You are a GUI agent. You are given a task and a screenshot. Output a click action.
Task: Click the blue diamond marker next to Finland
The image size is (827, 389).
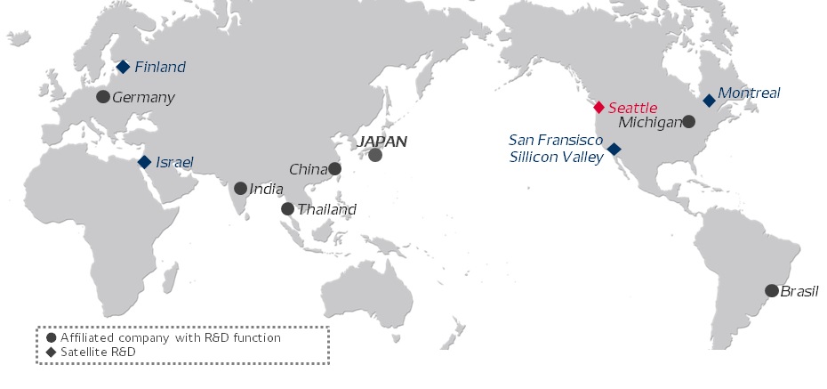coord(124,67)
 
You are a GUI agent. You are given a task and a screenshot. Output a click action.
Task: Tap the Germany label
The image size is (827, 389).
coord(144,97)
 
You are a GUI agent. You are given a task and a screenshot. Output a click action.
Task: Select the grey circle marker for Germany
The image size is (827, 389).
coord(103,96)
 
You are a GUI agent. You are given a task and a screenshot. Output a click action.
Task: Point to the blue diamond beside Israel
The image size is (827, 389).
coord(144,162)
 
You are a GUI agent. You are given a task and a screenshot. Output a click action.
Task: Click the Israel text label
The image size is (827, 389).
coord(174,162)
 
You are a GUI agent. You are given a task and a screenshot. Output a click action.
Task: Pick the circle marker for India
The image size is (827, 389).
coord(240,189)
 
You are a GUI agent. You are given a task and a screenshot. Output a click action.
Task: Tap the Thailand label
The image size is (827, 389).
coord(327,210)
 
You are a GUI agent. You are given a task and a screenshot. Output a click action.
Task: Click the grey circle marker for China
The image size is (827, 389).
coord(334,168)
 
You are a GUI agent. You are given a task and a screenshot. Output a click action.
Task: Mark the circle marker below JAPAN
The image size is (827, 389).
coord(375,155)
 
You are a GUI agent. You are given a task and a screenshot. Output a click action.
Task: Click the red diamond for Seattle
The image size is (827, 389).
coord(598,107)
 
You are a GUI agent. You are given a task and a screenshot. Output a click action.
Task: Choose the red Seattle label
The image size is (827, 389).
coord(632,107)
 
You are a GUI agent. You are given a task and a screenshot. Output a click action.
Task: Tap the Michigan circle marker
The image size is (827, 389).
coord(688,121)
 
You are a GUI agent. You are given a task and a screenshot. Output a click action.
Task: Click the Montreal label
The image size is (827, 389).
coord(749,93)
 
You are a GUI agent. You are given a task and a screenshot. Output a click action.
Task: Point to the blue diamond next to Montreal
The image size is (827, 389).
coord(709,101)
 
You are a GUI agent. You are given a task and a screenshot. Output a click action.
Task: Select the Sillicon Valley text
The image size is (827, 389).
coord(557,156)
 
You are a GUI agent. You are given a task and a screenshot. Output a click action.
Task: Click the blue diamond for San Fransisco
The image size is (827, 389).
coord(614,150)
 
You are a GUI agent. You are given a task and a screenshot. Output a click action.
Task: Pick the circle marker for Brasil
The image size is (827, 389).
coord(771,290)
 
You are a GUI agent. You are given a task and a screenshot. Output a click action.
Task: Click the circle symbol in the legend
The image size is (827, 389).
coord(51,338)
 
